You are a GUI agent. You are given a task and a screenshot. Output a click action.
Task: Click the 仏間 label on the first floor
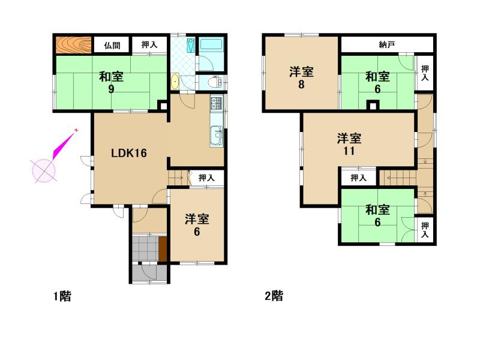[112, 46]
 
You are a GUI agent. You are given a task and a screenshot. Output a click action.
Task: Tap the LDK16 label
[129, 153]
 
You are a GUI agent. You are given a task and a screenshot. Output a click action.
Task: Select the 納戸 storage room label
[387, 45]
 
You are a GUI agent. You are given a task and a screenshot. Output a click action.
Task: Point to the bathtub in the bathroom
[211, 46]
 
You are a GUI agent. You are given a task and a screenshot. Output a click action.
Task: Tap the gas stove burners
[217, 103]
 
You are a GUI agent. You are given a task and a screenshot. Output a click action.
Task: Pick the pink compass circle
[44, 170]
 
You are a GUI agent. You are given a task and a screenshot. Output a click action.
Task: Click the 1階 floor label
[62, 296]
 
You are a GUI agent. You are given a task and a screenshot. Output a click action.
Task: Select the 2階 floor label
[274, 296]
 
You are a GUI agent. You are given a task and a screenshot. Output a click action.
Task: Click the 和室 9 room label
[111, 83]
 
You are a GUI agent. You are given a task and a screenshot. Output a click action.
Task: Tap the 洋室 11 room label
[349, 144]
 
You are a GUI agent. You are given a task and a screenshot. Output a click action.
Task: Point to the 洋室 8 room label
[302, 78]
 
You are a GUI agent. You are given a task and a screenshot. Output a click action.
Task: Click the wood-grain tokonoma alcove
[73, 45]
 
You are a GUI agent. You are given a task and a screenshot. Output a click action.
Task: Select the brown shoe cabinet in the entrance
[163, 249]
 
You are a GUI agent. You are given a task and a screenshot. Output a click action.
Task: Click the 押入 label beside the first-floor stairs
[206, 178]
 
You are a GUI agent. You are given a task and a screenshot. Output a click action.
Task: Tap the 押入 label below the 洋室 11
[358, 178]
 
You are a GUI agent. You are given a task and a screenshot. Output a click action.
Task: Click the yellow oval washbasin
[175, 82]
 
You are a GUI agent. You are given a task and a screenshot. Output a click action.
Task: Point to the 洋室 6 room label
[197, 226]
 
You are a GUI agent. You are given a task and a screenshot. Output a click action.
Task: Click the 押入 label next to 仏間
[149, 44]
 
